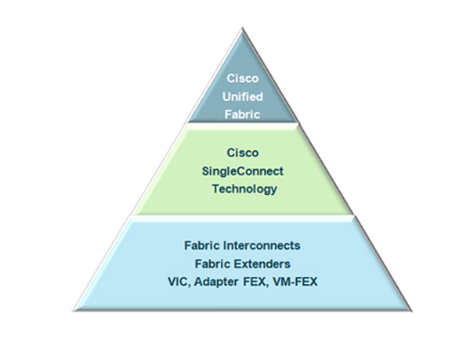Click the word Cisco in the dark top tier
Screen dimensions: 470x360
click(243, 78)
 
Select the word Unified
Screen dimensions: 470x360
click(243, 96)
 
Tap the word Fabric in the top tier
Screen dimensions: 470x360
click(242, 114)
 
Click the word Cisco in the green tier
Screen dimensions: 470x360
click(243, 153)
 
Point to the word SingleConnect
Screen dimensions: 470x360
click(243, 171)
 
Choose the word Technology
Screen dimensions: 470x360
click(244, 189)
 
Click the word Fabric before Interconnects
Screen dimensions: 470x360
click(202, 246)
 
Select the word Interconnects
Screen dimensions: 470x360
click(262, 246)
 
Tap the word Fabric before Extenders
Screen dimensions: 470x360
click(212, 264)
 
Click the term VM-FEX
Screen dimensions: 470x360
click(295, 282)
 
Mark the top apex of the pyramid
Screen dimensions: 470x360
click(242, 28)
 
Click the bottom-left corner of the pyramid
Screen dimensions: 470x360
click(74, 311)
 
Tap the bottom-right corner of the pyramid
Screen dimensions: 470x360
click(411, 311)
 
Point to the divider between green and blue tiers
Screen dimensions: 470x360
click(243, 215)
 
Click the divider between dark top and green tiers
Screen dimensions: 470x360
click(243, 123)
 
